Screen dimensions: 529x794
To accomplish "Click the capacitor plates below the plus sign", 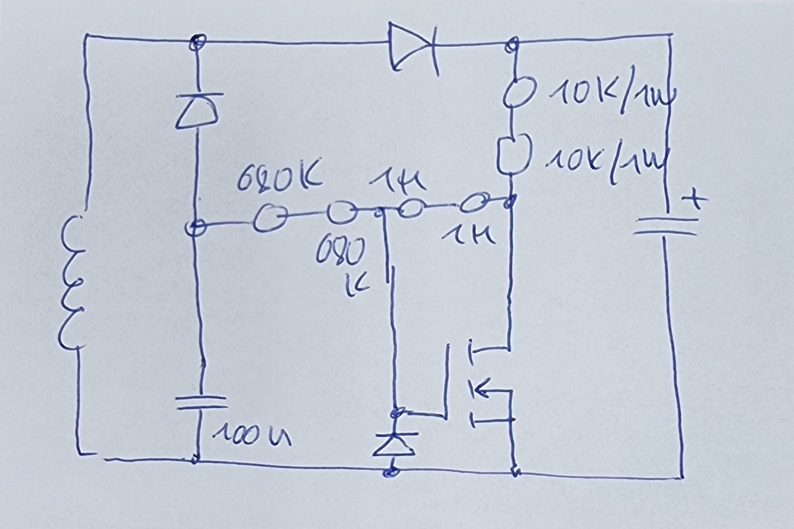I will click(x=665, y=227).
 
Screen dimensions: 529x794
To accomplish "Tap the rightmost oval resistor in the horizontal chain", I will click(x=474, y=204).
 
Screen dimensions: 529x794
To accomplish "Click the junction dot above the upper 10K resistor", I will click(x=513, y=43).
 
